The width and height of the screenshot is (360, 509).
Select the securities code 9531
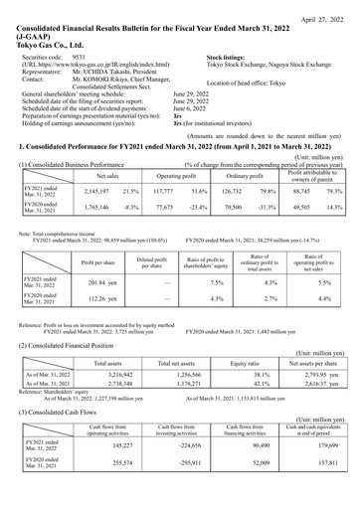[82, 58]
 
